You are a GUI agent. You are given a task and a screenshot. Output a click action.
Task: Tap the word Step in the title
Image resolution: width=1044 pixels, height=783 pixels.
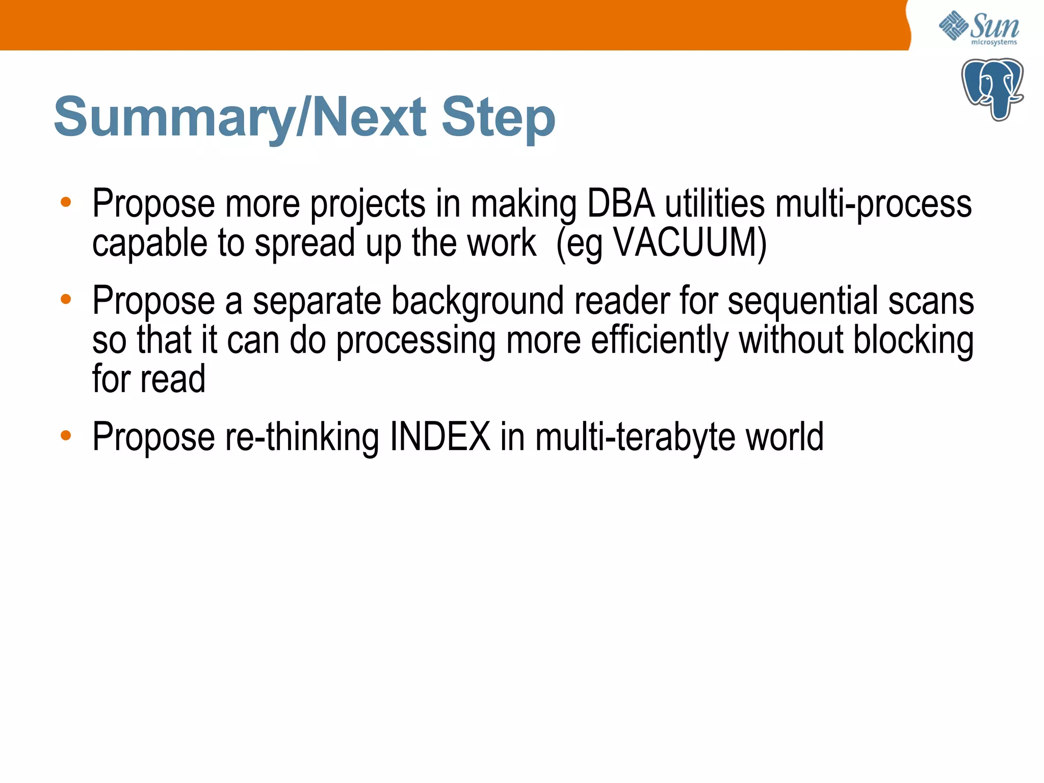pyautogui.click(x=498, y=118)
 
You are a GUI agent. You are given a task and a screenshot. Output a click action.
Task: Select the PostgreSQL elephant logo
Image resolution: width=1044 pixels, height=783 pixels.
pyautogui.click(x=992, y=89)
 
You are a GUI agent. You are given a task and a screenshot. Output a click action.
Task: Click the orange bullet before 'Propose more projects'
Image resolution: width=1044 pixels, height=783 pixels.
pyautogui.click(x=66, y=202)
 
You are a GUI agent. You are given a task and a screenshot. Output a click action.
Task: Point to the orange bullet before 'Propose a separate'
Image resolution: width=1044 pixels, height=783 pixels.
pyautogui.click(x=66, y=299)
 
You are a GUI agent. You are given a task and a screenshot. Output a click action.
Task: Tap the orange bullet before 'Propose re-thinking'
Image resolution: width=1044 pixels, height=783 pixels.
pyautogui.click(x=66, y=435)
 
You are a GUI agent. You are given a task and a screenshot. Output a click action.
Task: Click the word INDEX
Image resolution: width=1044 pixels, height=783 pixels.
pyautogui.click(x=440, y=437)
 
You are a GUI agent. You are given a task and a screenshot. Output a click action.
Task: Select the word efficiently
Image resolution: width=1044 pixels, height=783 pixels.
pyautogui.click(x=660, y=341)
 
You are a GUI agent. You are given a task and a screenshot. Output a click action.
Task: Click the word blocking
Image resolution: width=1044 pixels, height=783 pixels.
pyautogui.click(x=913, y=341)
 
